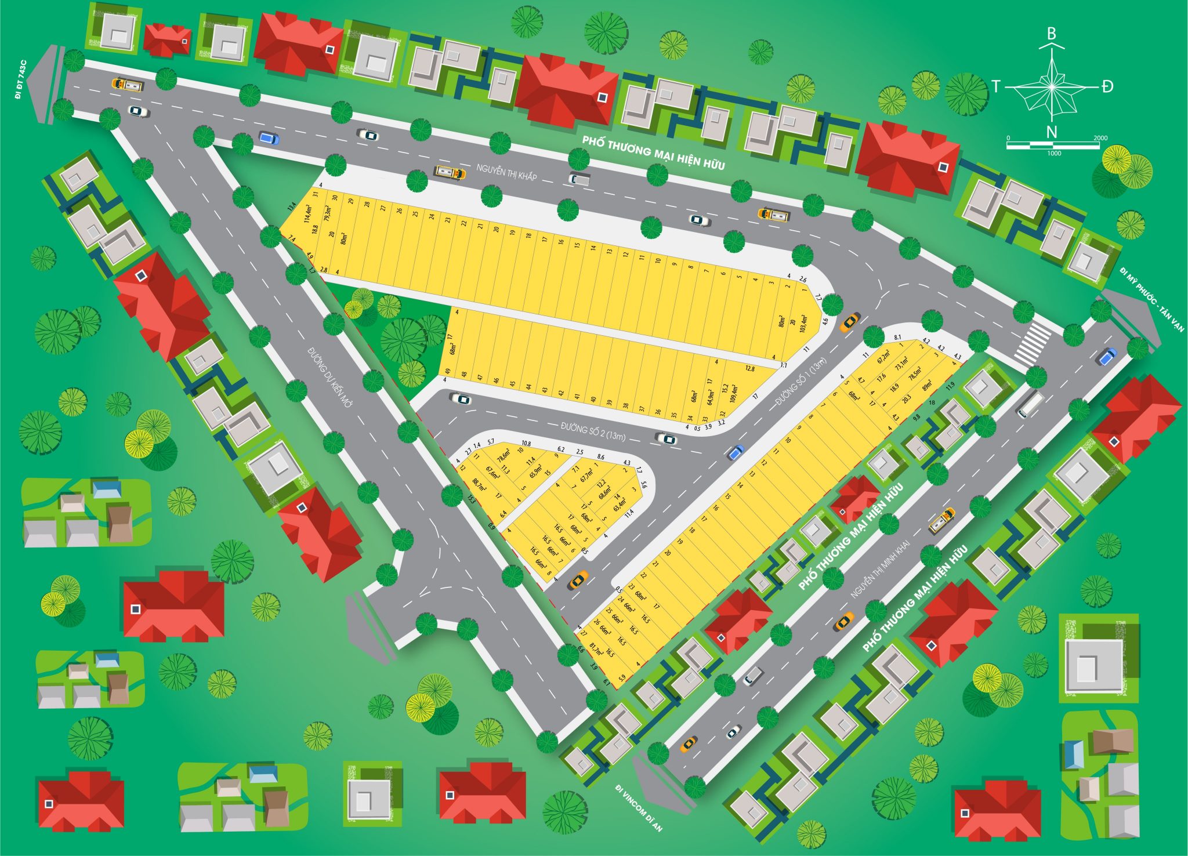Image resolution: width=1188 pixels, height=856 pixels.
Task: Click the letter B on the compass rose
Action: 1051,34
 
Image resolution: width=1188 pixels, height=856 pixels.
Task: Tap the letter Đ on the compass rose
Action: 1107,87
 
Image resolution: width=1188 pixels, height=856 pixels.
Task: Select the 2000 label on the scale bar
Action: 1100,138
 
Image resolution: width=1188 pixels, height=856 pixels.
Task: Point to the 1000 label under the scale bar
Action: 1054,153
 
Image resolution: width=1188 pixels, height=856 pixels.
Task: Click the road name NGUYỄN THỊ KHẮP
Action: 506,172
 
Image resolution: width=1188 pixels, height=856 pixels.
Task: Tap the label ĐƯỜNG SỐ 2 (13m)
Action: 593,431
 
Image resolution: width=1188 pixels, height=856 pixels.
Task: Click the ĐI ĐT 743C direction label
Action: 21,79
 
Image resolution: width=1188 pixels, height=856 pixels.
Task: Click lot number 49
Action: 447,372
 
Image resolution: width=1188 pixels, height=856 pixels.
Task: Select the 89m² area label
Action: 927,385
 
